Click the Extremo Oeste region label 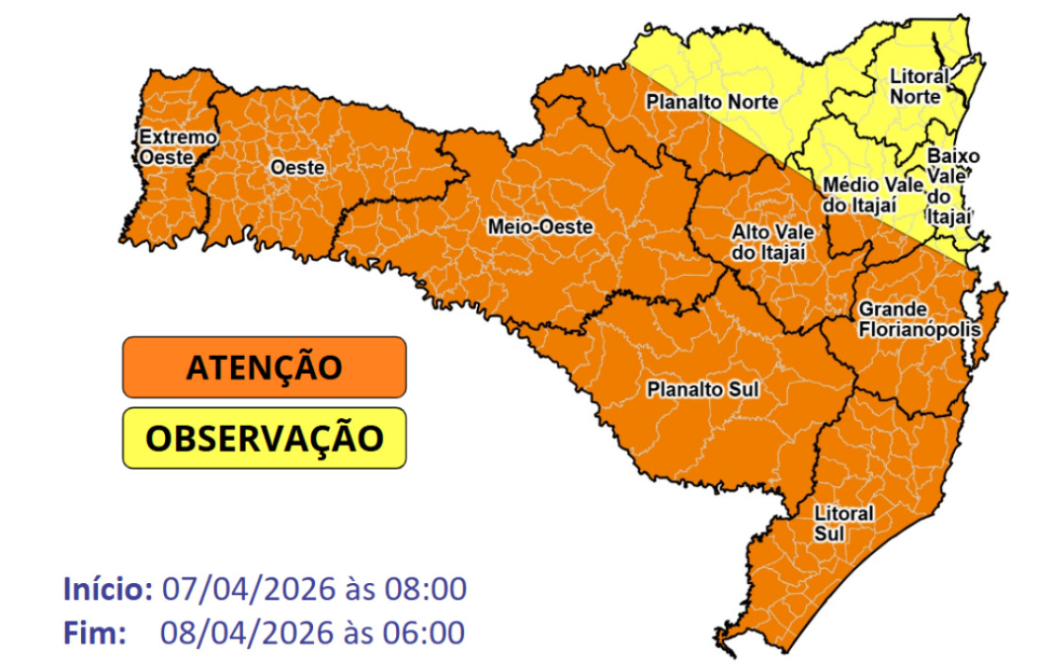pyautogui.click(x=176, y=146)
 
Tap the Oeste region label pyautogui.click(x=297, y=168)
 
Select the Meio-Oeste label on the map pyautogui.click(x=539, y=227)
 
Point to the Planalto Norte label pyautogui.click(x=711, y=102)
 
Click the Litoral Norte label pyautogui.click(x=914, y=85)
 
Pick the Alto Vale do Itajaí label pyautogui.click(x=769, y=241)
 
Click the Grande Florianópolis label pyautogui.click(x=919, y=320)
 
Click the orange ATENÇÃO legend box pyautogui.click(x=264, y=367)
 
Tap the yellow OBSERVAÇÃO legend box pyautogui.click(x=264, y=437)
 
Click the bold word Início pyautogui.click(x=107, y=590)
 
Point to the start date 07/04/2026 pyautogui.click(x=248, y=590)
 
